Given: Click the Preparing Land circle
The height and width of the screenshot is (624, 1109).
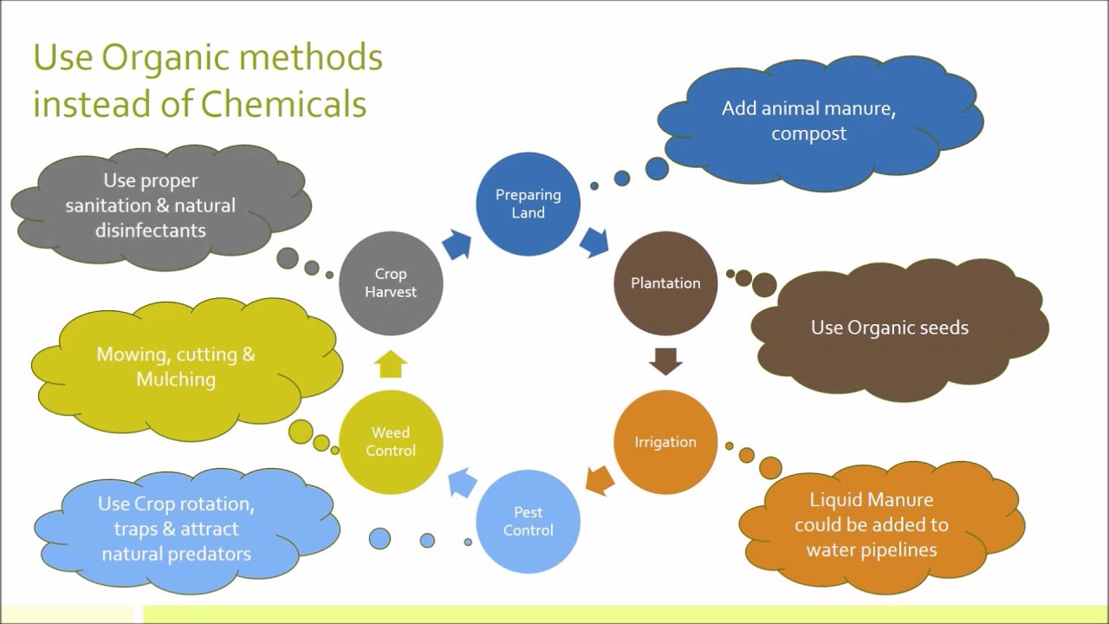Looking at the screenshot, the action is click(x=528, y=204).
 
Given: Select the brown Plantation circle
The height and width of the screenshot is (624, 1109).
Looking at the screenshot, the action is click(x=665, y=283).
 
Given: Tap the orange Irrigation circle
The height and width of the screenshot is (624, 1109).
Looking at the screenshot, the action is click(x=665, y=442).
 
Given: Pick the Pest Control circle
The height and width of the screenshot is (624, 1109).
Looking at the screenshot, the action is click(x=528, y=521).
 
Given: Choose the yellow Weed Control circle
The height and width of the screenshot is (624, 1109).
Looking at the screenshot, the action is click(x=391, y=441).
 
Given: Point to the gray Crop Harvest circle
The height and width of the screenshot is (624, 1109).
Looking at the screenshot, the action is click(x=391, y=283).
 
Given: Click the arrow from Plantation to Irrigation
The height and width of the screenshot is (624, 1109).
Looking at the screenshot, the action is click(x=665, y=361).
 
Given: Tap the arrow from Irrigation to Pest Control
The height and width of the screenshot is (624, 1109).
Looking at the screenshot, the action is click(x=600, y=479).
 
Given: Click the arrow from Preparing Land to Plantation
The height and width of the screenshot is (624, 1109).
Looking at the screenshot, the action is click(x=594, y=242).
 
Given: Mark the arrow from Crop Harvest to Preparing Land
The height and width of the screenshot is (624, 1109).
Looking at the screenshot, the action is click(x=457, y=245).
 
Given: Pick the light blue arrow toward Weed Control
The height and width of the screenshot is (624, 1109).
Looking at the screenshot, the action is click(x=463, y=482).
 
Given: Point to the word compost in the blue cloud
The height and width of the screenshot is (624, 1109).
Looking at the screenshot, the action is click(x=808, y=133).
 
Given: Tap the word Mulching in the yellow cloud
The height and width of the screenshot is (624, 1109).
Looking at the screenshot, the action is click(x=176, y=379).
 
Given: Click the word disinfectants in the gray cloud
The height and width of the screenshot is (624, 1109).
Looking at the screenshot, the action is click(x=150, y=231).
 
